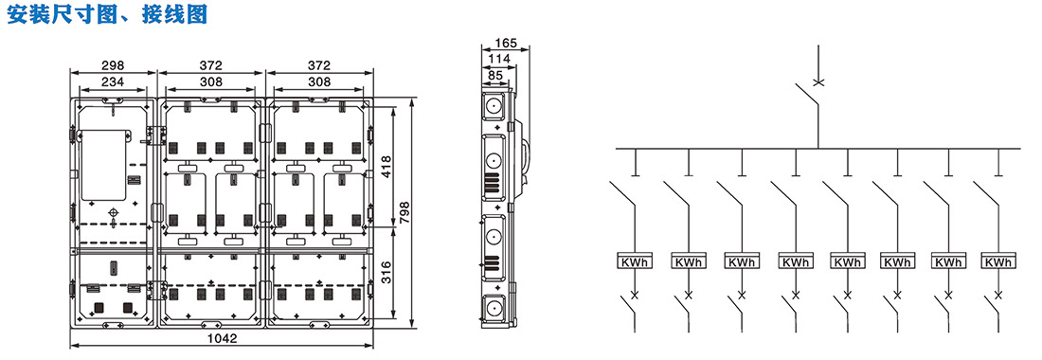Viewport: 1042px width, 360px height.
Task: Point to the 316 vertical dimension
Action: [x=386, y=273]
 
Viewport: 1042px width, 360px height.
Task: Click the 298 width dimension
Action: [x=114, y=65]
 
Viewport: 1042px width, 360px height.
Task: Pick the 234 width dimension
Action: [x=114, y=81]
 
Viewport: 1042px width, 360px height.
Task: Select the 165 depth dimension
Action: [x=507, y=44]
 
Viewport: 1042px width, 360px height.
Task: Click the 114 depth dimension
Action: [x=498, y=59]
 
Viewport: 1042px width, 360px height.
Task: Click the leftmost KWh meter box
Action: [x=636, y=261]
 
